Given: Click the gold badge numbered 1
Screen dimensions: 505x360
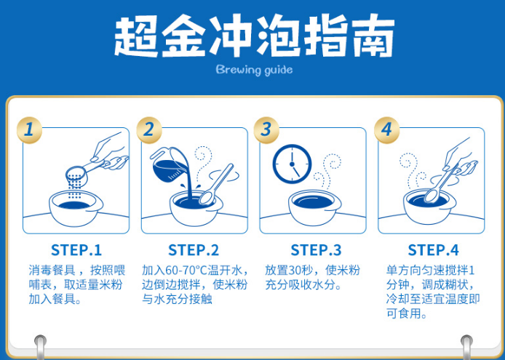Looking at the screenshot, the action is [x=29, y=130].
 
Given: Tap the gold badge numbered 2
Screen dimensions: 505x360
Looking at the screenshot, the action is [x=148, y=130].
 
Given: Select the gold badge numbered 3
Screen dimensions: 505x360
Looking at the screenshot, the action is [x=266, y=130].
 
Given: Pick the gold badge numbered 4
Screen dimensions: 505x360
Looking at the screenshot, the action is [x=386, y=130].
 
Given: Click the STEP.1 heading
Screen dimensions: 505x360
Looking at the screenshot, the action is [x=76, y=250].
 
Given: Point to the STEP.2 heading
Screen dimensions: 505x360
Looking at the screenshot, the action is [x=194, y=250].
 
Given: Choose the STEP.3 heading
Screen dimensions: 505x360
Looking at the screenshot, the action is [x=316, y=250].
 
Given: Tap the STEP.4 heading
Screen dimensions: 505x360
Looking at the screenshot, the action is [x=433, y=250].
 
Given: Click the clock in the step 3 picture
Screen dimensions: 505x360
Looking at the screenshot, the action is [x=292, y=164].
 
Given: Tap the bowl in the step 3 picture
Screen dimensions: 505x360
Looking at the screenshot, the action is [x=314, y=207].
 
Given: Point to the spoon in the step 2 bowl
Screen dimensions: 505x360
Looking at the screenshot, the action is [x=216, y=185].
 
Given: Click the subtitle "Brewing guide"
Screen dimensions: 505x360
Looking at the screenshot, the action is [x=255, y=70].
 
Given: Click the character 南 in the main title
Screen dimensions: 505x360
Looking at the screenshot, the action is [x=373, y=36].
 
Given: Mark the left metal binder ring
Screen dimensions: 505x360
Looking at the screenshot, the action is [x=40, y=347].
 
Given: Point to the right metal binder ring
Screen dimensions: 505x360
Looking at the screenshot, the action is [x=466, y=347].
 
